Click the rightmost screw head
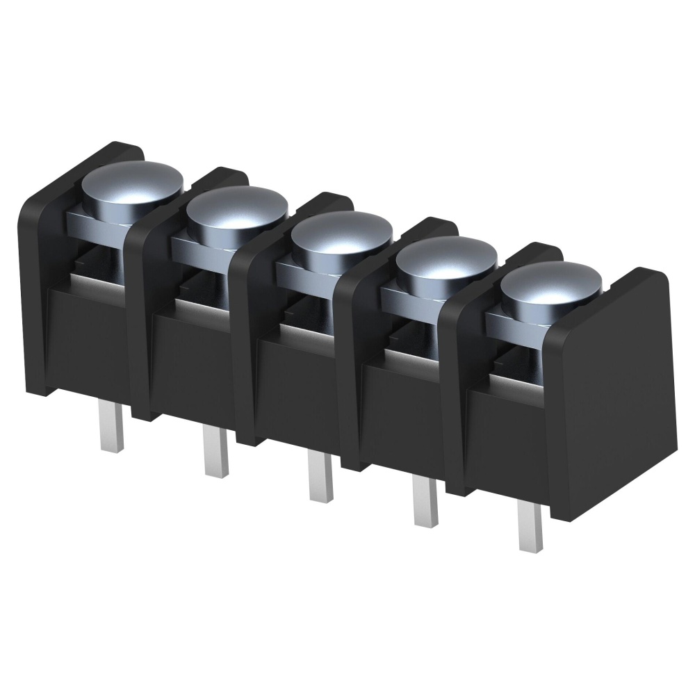(x=550, y=286)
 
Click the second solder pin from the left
(x=215, y=452)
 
